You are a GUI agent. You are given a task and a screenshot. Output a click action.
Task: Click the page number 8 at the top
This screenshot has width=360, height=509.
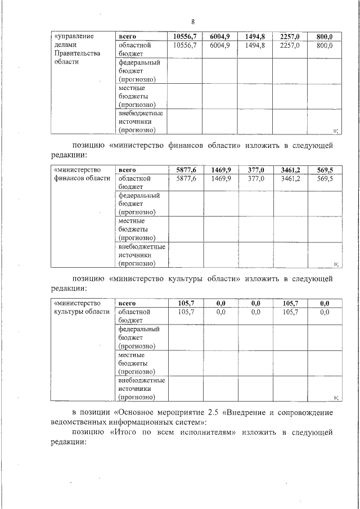click(192, 22)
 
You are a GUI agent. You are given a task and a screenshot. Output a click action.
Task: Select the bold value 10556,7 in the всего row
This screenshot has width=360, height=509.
click(185, 37)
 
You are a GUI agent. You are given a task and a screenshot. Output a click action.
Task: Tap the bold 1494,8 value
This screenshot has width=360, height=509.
click(255, 37)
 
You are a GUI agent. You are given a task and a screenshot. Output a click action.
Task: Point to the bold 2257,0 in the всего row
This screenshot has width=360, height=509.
click(290, 37)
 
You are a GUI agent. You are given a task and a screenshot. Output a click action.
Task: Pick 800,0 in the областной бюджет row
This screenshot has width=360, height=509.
click(325, 46)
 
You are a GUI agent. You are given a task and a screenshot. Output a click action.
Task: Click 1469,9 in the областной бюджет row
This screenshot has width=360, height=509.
click(221, 178)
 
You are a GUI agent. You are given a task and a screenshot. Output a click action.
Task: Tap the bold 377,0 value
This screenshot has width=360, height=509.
click(256, 170)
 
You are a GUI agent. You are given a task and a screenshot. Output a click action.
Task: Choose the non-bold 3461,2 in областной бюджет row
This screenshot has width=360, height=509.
click(290, 178)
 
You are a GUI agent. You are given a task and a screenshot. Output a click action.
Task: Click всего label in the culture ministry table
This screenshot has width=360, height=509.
click(128, 303)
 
